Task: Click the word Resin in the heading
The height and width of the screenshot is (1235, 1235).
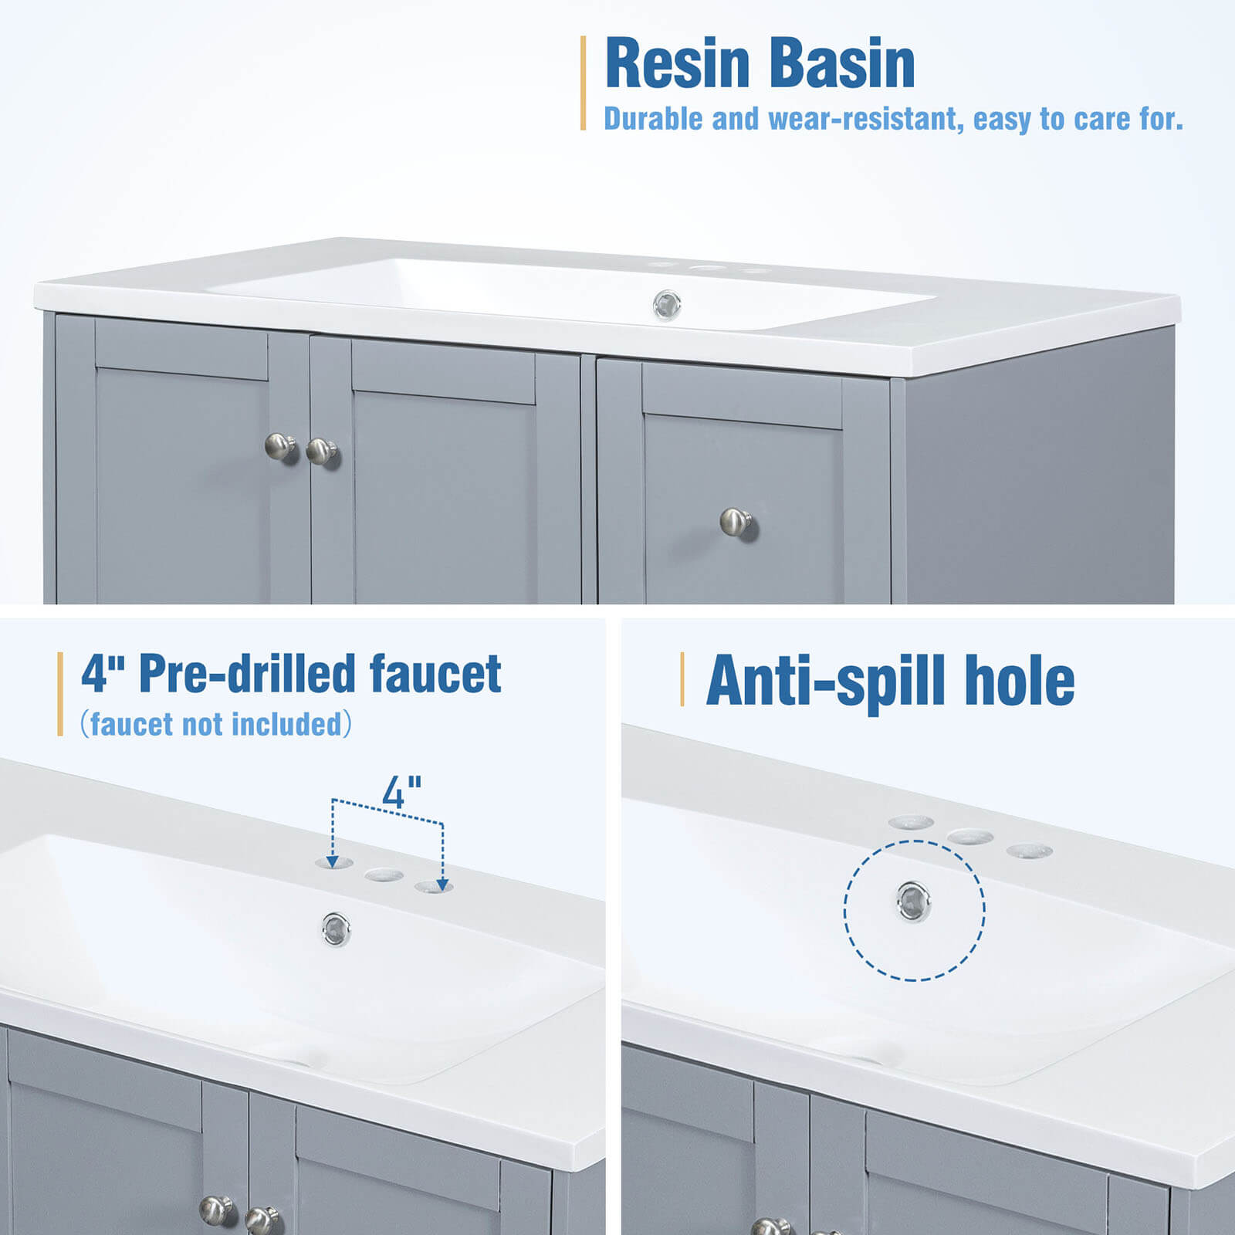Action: click(x=678, y=63)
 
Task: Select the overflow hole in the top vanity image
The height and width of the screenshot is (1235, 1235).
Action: click(x=667, y=305)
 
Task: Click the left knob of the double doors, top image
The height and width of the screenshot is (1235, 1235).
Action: click(x=280, y=446)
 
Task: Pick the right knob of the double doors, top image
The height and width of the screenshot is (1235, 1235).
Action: click(x=321, y=451)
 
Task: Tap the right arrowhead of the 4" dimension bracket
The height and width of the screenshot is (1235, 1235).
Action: click(x=442, y=883)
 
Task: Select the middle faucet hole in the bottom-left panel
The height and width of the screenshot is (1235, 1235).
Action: click(x=384, y=875)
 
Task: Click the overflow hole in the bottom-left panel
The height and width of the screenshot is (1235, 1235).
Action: click(x=337, y=928)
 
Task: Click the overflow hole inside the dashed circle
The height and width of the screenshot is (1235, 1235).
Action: click(x=913, y=901)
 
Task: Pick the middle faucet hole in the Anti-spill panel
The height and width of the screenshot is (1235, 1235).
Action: click(x=970, y=837)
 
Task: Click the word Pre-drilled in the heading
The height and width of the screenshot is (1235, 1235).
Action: click(x=247, y=673)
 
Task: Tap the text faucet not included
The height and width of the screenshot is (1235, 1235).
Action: click(x=216, y=724)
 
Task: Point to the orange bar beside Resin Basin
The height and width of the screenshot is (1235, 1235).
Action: click(x=584, y=83)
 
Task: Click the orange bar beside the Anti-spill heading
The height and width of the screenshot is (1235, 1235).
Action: click(x=682, y=678)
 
